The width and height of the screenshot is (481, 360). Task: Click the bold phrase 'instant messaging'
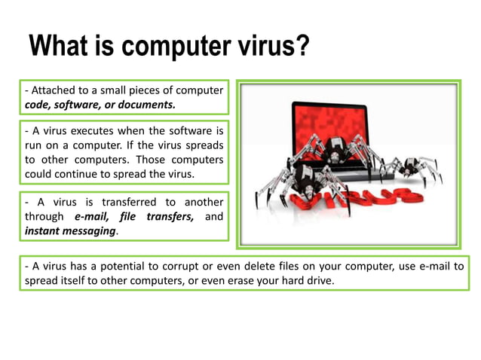[x=71, y=231]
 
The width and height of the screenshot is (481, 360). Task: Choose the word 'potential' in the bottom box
[x=131, y=267]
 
